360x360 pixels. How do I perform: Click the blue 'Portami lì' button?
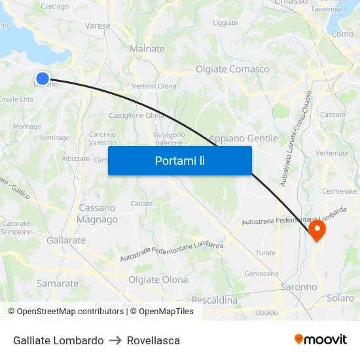point(179,160)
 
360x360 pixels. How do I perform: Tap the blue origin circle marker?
point(43,79)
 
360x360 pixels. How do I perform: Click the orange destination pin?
point(317,230)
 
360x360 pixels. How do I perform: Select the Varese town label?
point(98,26)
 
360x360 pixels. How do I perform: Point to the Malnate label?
point(147,49)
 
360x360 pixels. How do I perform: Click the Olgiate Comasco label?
point(232,69)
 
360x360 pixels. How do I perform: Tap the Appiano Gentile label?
point(243,138)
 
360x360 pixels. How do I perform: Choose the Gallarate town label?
point(66,240)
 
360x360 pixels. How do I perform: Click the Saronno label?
point(298,287)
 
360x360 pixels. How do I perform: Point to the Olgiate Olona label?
point(158,279)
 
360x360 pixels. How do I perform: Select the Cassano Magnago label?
point(97,213)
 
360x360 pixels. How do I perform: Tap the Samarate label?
point(58,283)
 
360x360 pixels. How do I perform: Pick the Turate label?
point(265,253)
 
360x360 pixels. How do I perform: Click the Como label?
point(342,33)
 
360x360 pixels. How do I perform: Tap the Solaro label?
point(340,298)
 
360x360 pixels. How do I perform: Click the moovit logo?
point(320,339)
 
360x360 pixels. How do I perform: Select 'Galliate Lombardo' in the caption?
point(58,340)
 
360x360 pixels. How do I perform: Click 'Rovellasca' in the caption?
point(153,340)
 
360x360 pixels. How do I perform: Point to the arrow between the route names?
point(115,340)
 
